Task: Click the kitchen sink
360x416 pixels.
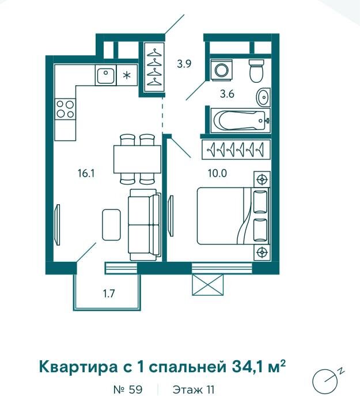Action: click(x=104, y=75)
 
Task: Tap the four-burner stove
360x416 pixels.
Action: click(x=65, y=108)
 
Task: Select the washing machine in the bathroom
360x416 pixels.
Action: click(x=221, y=71)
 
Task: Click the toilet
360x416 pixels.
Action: click(x=256, y=71)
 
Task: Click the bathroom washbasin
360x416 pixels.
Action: click(x=263, y=97)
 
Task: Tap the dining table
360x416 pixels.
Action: click(x=137, y=158)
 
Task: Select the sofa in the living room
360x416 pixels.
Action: click(x=143, y=223)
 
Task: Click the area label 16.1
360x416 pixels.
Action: click(x=86, y=172)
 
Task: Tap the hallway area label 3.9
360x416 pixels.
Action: click(x=184, y=64)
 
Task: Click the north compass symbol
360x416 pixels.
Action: click(x=325, y=380)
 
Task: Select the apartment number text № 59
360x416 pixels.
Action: click(x=128, y=390)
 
